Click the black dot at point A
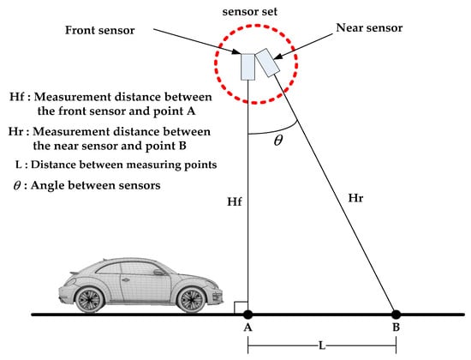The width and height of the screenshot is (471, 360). (247, 315)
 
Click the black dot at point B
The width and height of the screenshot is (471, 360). (396, 315)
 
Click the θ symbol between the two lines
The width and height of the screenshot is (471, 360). (277, 141)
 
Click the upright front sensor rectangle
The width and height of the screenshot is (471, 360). (248, 67)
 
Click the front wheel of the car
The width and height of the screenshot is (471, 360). (193, 300)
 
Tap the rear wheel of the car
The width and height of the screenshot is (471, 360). (89, 300)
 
